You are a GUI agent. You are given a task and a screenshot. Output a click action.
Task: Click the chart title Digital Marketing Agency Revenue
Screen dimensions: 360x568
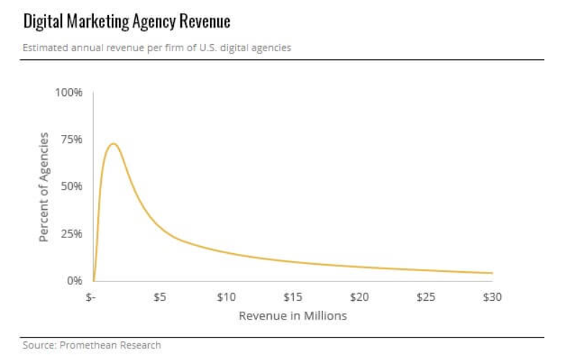pyautogui.click(x=126, y=22)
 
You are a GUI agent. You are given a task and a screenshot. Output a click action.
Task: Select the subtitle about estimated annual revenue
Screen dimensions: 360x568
pyautogui.click(x=157, y=48)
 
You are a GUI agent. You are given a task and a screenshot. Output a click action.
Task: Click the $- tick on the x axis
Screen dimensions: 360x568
pyautogui.click(x=91, y=297)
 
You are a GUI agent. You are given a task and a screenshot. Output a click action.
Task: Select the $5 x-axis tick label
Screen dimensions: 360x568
pyautogui.click(x=160, y=297)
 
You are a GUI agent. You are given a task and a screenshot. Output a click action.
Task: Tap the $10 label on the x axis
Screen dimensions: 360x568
pyautogui.click(x=227, y=297)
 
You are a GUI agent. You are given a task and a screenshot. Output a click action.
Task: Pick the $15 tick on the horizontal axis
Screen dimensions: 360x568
pyautogui.click(x=293, y=297)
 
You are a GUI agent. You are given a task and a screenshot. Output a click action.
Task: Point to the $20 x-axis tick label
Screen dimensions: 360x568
pyautogui.click(x=359, y=297)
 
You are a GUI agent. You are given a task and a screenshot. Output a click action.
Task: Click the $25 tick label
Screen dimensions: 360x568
pyautogui.click(x=426, y=297)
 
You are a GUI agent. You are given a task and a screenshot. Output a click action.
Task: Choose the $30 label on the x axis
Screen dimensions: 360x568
pyautogui.click(x=492, y=297)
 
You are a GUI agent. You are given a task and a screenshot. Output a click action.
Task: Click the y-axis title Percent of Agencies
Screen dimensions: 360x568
pyautogui.click(x=44, y=187)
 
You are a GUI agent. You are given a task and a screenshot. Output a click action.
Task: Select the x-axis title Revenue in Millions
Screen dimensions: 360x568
pyautogui.click(x=292, y=316)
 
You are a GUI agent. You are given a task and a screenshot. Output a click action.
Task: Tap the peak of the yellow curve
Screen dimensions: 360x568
pyautogui.click(x=113, y=144)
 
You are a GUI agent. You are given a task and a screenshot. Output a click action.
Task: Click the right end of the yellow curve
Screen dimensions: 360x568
pyautogui.click(x=492, y=273)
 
